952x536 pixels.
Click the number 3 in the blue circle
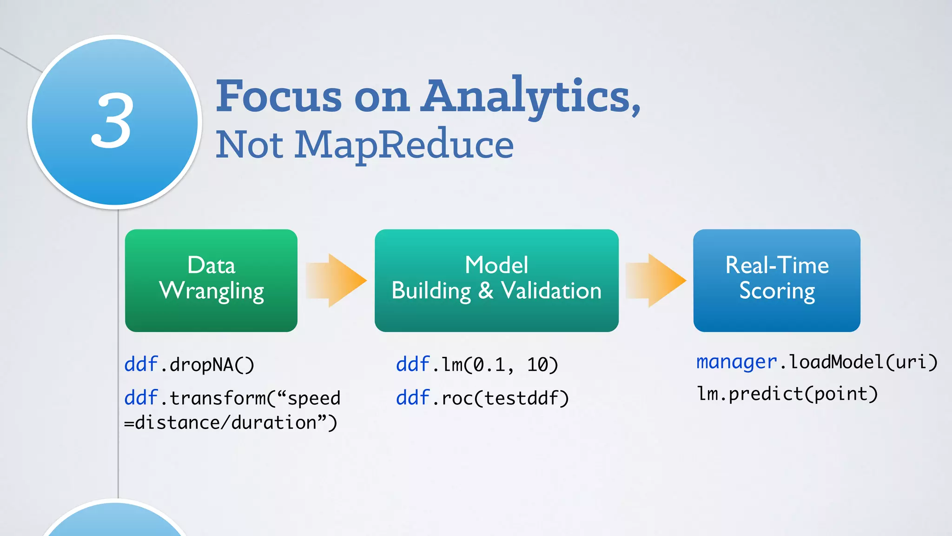[x=112, y=121]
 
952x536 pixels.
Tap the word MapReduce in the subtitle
[x=404, y=145]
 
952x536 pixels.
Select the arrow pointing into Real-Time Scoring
[x=656, y=280]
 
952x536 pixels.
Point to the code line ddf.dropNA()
[x=189, y=364]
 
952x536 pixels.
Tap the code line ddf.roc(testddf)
[x=482, y=398]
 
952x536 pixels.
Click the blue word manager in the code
[x=736, y=362]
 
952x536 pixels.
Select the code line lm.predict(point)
[x=787, y=394]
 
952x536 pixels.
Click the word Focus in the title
[x=279, y=97]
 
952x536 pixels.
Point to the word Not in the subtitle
[x=249, y=145]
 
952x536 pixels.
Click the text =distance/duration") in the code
[x=231, y=423]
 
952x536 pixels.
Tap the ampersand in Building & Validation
[x=485, y=291]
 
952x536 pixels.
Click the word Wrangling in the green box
[x=212, y=291]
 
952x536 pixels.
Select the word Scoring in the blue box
[x=777, y=291]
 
